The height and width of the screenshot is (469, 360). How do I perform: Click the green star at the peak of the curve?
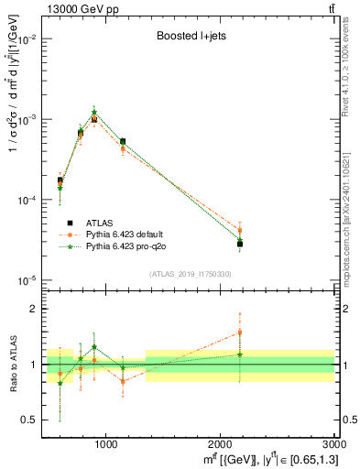(x=94, y=112)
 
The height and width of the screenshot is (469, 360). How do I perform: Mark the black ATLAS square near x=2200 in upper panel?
(x=240, y=244)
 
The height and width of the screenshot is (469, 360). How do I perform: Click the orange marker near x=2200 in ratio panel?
(x=240, y=333)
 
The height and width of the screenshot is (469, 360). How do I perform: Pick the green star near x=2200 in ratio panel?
(x=240, y=354)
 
